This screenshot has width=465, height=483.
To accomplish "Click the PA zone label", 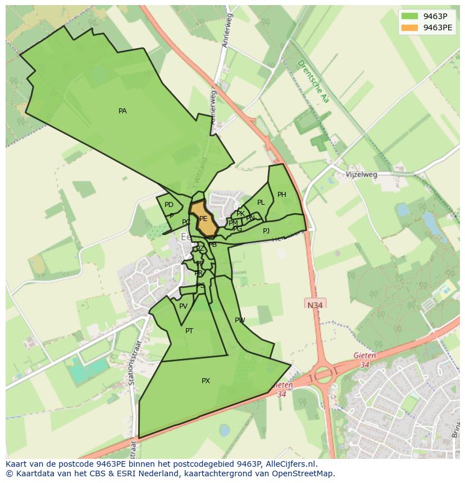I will point(122,111).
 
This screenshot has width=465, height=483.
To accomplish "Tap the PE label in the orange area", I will point(203,219).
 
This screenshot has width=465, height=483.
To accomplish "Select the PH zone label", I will point(281,195).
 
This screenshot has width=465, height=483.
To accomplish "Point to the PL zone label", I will point(261,203).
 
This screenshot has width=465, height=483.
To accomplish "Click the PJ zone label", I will point(266,231).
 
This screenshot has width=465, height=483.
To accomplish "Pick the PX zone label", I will point(206,381).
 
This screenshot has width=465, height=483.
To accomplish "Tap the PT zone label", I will point(189,331).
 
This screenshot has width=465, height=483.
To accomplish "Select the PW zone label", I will point(240,320).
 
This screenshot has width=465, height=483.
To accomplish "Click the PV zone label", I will point(183,306).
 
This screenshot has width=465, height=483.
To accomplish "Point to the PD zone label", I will point(169,205).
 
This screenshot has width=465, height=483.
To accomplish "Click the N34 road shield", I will point(316,305).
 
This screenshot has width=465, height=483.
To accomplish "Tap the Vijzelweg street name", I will point(362,174).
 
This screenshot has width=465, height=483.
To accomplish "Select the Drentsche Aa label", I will point(313,81).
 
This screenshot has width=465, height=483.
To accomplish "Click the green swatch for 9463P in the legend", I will point(410,16).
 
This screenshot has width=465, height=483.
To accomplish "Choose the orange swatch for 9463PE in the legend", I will point(410,27).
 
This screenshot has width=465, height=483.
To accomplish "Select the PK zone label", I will point(240,214).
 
